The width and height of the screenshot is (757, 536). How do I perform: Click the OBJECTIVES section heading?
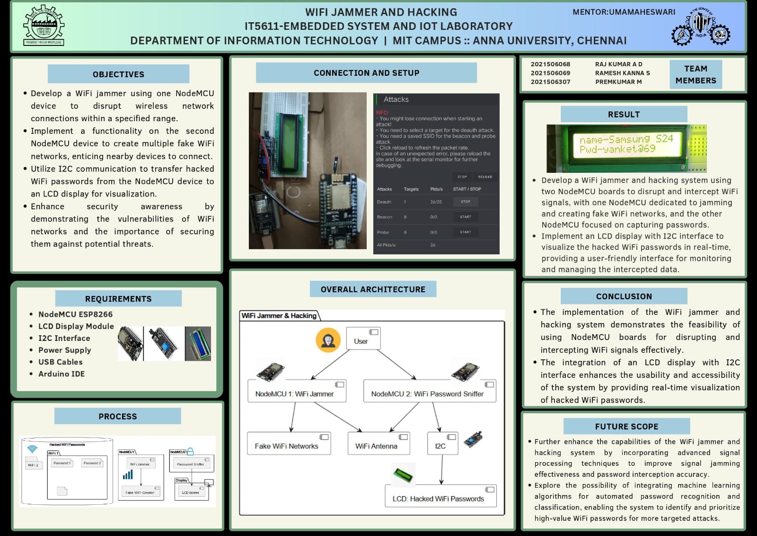(x=118, y=74)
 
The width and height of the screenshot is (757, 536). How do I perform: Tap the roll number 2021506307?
(x=550, y=82)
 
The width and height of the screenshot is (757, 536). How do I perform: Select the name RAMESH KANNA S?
(x=622, y=73)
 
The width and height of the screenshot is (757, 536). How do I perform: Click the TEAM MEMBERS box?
(x=695, y=74)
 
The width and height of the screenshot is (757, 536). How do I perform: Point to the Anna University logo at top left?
(x=44, y=26)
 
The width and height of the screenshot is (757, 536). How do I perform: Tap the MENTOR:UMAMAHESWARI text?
(x=624, y=12)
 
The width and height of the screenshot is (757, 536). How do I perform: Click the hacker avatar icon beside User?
(x=328, y=339)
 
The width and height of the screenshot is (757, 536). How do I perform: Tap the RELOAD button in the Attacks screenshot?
(x=485, y=177)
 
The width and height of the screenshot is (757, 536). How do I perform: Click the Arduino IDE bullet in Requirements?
(x=62, y=374)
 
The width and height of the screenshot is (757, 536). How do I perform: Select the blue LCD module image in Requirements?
(x=198, y=343)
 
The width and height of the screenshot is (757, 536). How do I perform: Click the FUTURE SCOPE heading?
(x=626, y=426)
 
